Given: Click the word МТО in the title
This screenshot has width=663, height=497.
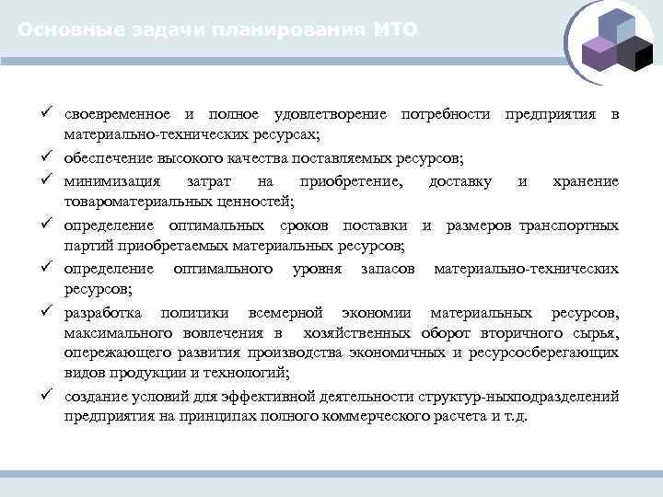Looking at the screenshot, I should coord(396,30).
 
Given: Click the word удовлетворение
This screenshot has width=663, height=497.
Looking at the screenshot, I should coord(331,114).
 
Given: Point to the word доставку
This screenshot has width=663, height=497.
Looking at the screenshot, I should coord(459,181).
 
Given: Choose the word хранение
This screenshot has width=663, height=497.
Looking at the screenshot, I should coord(585,181).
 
